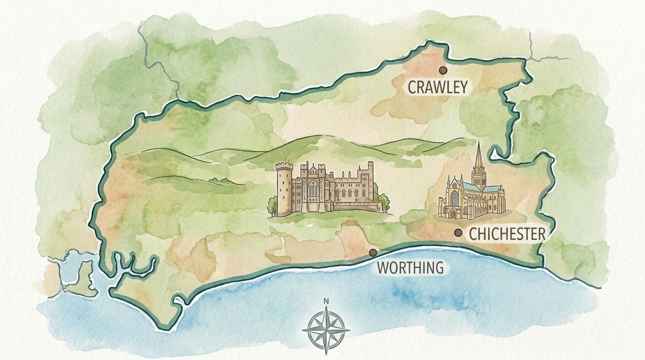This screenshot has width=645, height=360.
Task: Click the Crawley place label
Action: pyautogui.click(x=437, y=87)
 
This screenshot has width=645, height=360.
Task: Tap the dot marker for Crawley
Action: pyautogui.click(x=442, y=70)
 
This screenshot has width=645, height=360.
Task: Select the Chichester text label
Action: pyautogui.click(x=507, y=234)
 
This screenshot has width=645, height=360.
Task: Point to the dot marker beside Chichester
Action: pyautogui.click(x=458, y=232)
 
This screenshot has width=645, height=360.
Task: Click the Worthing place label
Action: pyautogui.click(x=410, y=268)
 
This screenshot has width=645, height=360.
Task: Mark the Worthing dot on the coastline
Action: pyautogui.click(x=373, y=253)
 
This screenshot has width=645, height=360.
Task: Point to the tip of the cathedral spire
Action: pyautogui.click(x=478, y=142)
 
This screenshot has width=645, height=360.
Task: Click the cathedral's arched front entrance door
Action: pyautogui.click(x=452, y=213)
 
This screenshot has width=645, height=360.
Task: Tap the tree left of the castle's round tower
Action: pyautogui.click(x=272, y=204)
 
